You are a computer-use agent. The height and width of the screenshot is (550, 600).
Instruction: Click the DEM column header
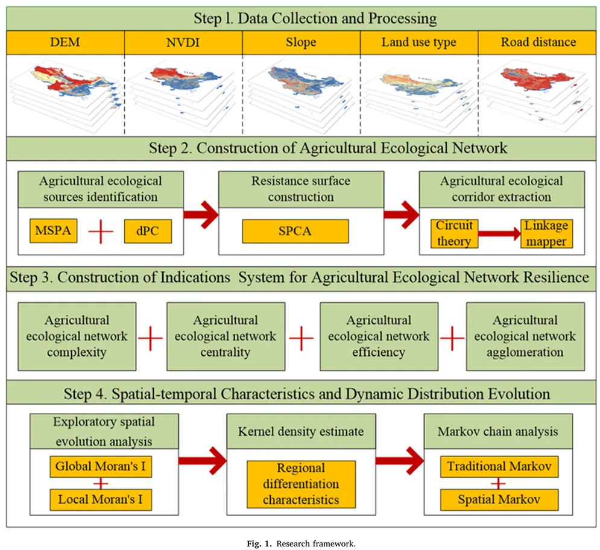click(x=65, y=42)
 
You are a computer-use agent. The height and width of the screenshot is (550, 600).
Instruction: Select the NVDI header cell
click(x=183, y=42)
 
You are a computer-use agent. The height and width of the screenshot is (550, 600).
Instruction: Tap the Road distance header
click(x=538, y=42)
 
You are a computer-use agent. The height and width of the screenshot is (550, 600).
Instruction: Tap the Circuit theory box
click(x=453, y=233)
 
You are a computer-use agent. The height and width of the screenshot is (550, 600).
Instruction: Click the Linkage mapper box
click(x=546, y=233)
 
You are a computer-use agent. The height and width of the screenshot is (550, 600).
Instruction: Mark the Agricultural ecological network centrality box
click(x=226, y=336)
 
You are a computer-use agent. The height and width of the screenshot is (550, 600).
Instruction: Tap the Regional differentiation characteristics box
click(x=301, y=484)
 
